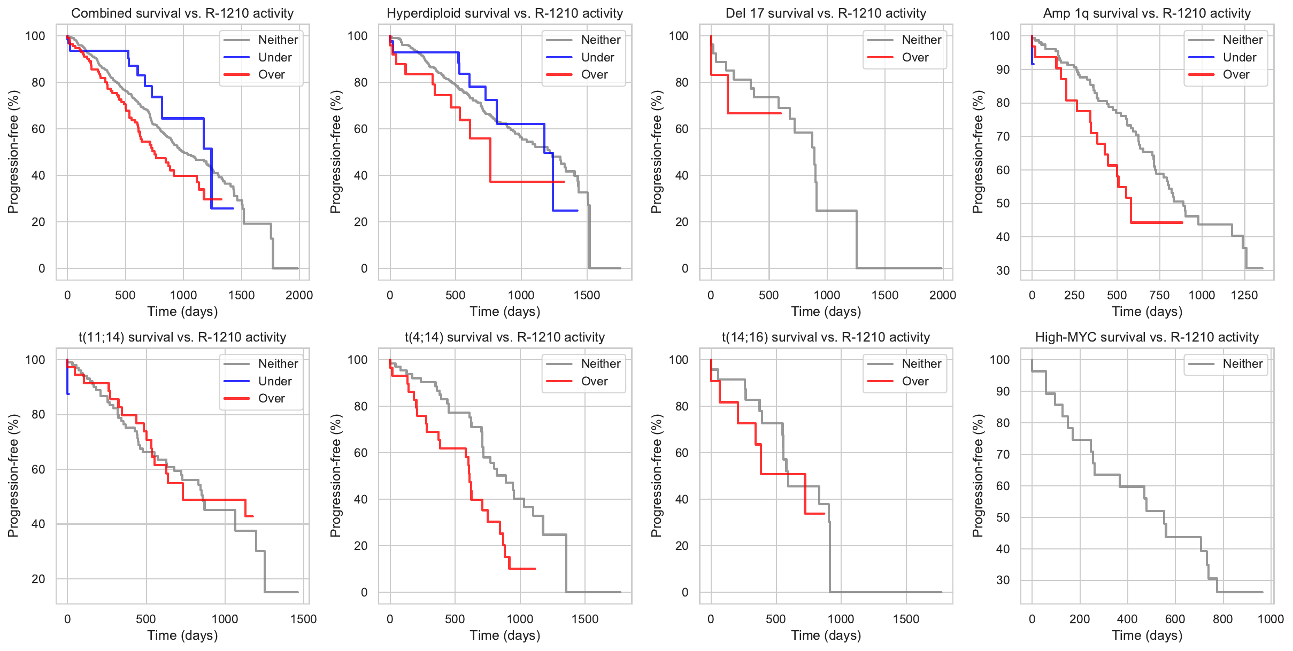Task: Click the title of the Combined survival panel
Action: click(182, 13)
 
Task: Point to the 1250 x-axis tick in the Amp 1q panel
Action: click(1244, 295)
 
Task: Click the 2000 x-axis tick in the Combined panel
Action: click(299, 295)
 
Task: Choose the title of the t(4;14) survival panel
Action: click(504, 337)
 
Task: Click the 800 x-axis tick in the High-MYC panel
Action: click(1223, 619)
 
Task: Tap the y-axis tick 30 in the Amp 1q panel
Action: click(1003, 270)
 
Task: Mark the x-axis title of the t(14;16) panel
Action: click(826, 635)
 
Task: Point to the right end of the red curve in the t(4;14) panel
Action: click(535, 569)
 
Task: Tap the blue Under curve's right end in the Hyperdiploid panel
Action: click(578, 211)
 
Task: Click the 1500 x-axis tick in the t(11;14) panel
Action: click(303, 619)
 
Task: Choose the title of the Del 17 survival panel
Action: click(826, 13)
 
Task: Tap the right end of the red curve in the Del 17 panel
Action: click(781, 113)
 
